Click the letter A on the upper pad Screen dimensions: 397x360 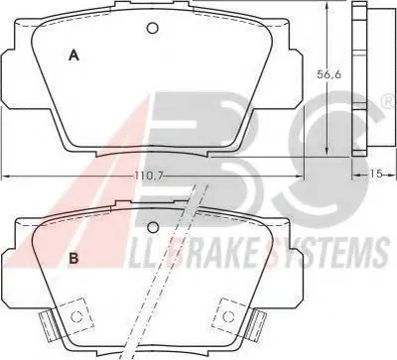[x=73, y=55]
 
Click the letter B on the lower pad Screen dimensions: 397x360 [x=73, y=259]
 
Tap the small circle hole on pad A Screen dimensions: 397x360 [x=153, y=29]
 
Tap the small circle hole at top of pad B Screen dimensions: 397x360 [x=153, y=227]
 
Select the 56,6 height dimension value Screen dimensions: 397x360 [x=329, y=74]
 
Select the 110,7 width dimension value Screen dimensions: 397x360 [x=149, y=176]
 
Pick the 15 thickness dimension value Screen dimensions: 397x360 [x=376, y=174]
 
